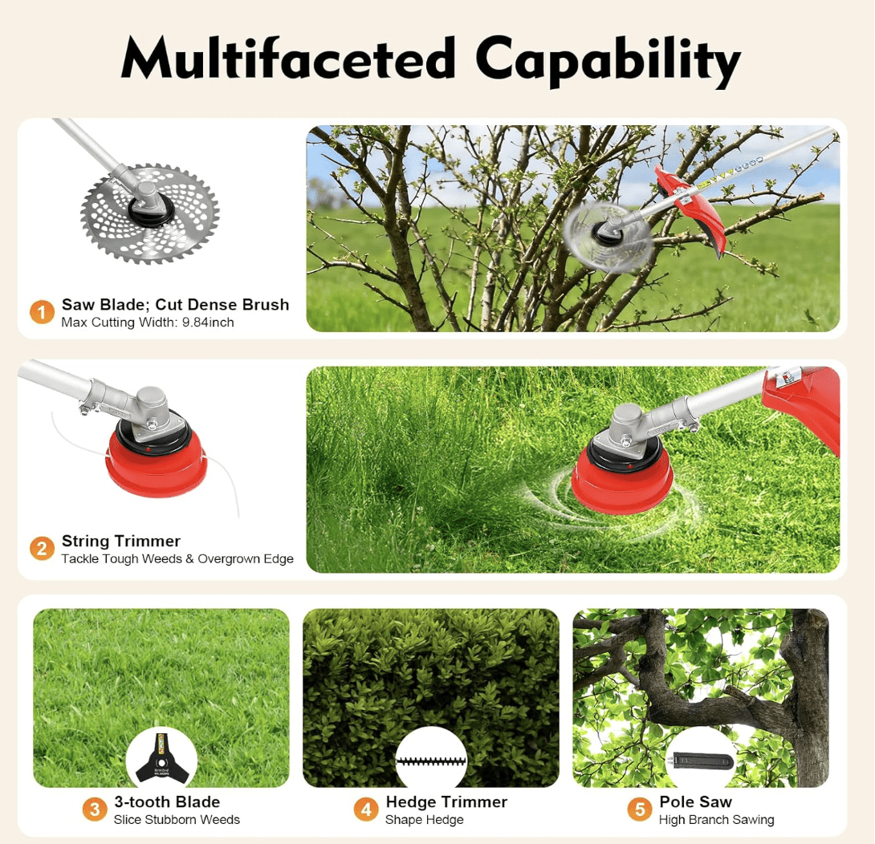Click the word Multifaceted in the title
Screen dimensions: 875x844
tap(288, 58)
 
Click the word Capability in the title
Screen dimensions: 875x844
tap(607, 60)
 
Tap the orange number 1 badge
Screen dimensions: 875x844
tap(42, 312)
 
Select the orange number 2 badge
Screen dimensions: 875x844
tap(42, 549)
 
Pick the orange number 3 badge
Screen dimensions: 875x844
tap(95, 809)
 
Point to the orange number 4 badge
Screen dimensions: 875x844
tap(366, 809)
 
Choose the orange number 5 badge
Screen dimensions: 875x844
tap(640, 809)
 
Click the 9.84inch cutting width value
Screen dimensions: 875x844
tap(208, 323)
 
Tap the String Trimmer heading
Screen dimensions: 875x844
tap(121, 541)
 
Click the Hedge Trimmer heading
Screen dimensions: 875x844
tap(446, 801)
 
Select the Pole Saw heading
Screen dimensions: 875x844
tap(695, 801)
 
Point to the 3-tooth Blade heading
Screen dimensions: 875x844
tap(167, 801)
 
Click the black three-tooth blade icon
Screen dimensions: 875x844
tap(161, 757)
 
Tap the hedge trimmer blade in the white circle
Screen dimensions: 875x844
tap(430, 761)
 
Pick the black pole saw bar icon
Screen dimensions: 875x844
tap(702, 760)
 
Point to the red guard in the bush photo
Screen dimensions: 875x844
tap(691, 209)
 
